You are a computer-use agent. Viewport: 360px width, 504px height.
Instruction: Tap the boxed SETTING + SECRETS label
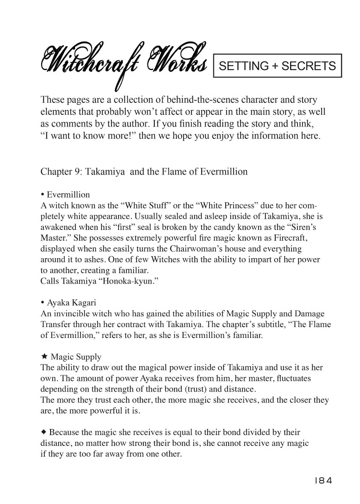pos(277,65)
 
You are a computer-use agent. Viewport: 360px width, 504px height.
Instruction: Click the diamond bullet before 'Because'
pos(43,431)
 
